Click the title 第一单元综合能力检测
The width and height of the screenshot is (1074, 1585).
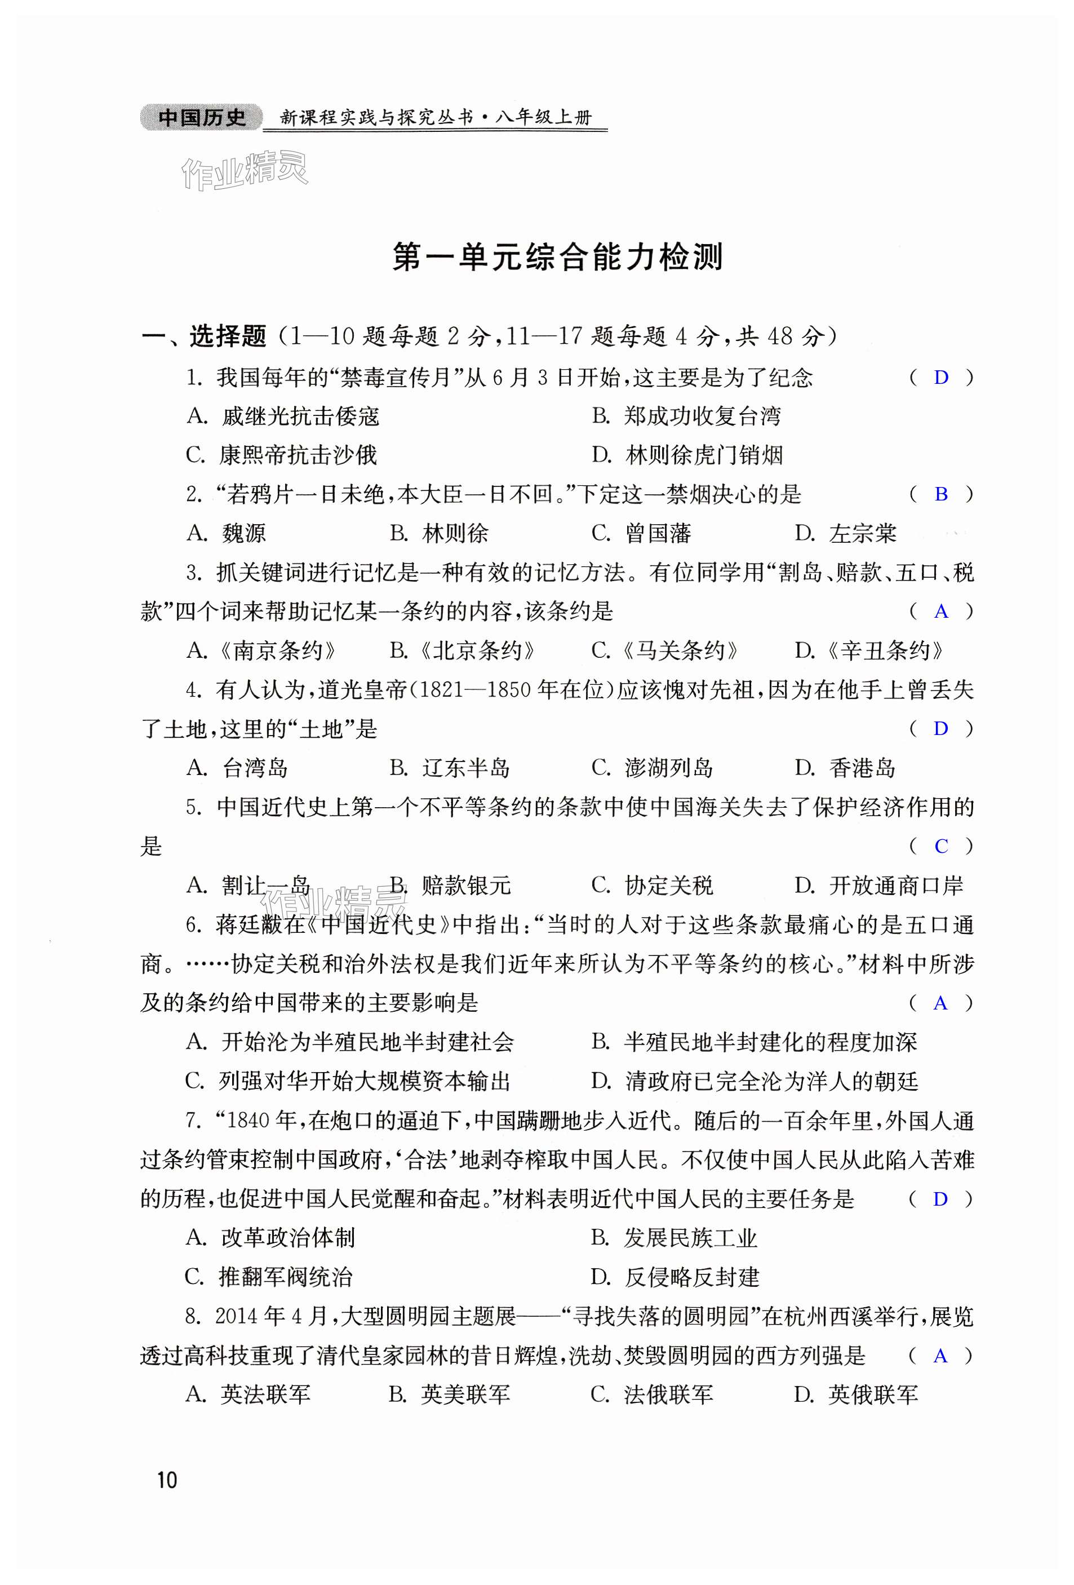coord(557,257)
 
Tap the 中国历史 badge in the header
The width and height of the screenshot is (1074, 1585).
coord(201,118)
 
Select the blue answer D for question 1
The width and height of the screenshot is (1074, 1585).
coord(941,377)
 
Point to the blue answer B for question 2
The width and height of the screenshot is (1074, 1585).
coord(941,494)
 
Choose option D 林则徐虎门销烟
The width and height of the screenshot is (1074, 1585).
coord(687,455)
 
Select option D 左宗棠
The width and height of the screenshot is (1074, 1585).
coord(846,533)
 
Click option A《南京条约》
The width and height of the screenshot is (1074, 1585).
coord(262,650)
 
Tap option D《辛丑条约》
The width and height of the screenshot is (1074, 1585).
coord(869,650)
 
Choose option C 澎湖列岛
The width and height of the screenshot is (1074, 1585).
coord(652,768)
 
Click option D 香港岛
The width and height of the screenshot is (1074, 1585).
coord(846,768)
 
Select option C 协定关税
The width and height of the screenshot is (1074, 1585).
coord(652,886)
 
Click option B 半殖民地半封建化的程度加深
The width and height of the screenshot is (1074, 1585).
coord(753,1042)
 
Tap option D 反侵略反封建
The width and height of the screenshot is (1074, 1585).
coord(675,1277)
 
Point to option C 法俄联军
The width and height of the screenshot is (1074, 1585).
coord(652,1394)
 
